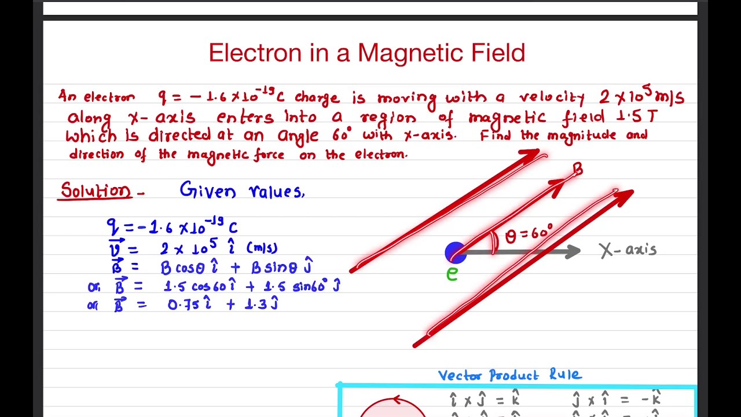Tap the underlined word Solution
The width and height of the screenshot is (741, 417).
[x=96, y=191]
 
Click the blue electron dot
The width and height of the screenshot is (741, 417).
[x=455, y=253]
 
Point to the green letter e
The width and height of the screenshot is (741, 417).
[x=452, y=273]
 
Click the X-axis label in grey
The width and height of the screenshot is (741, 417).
[x=628, y=250]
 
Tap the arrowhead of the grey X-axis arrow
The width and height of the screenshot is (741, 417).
[x=573, y=251]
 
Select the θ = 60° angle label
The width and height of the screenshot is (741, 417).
[x=529, y=235]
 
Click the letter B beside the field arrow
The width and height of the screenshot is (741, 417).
[x=578, y=169]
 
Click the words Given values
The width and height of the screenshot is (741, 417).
[x=242, y=191]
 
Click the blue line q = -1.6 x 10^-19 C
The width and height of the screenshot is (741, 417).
[x=172, y=226]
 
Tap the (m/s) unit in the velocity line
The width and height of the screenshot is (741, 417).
[x=262, y=248]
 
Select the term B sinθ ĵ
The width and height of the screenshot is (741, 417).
[x=281, y=267]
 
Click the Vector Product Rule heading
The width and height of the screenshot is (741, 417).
[x=509, y=375]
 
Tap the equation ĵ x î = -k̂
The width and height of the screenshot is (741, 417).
[x=616, y=399]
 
